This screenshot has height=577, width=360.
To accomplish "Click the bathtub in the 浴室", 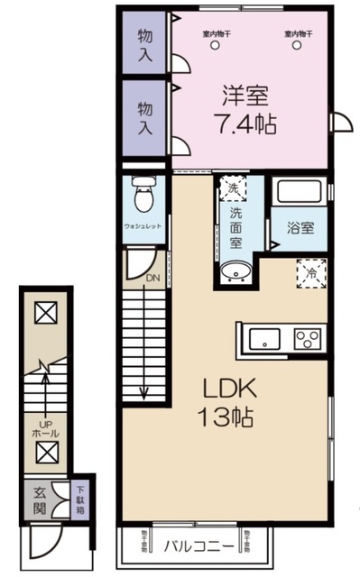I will [300, 192].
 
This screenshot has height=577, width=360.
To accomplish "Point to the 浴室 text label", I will [300, 227].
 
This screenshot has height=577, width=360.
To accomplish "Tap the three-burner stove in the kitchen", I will [308, 340].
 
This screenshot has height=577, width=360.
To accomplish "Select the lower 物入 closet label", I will [145, 116].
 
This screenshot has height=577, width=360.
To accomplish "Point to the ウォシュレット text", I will [143, 227].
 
